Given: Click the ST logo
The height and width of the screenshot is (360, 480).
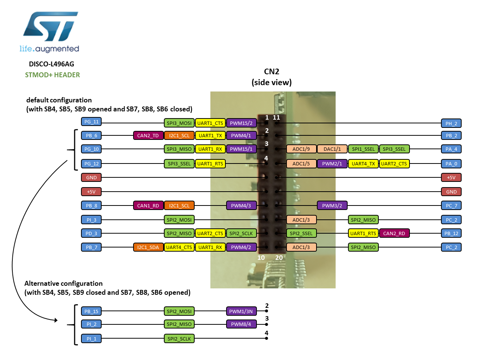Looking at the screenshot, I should [51, 27].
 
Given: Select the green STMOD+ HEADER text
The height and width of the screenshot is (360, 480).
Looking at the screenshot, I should [52, 75].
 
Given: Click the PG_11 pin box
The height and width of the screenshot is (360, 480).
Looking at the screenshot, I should [91, 121].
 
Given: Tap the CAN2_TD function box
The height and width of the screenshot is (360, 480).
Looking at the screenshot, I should [148, 135].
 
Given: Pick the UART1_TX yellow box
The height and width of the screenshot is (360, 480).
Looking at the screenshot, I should [210, 135].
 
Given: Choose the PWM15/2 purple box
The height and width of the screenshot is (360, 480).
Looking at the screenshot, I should [241, 123].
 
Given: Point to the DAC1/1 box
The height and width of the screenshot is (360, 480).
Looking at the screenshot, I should [332, 149].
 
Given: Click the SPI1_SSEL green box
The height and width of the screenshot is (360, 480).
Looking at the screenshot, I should [363, 149].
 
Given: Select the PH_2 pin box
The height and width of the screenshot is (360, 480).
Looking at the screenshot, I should [451, 123].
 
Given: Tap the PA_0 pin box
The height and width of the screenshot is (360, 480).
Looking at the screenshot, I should [451, 163].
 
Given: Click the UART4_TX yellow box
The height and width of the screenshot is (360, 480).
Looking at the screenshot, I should [363, 163].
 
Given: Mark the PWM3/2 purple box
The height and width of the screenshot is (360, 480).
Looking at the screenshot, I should [332, 205].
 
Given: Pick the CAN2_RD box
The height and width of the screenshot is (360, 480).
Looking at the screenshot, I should [394, 233].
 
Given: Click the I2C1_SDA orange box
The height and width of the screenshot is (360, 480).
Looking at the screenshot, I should [148, 247].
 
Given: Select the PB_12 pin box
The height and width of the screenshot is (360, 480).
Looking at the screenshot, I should [451, 233].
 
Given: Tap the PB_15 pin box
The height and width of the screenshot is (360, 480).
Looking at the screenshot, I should [91, 311].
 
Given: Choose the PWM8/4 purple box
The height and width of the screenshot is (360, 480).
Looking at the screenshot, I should [241, 324].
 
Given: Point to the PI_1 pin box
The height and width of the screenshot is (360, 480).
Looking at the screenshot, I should [91, 339].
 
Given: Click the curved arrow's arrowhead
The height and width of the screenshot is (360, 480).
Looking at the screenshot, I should [56, 320].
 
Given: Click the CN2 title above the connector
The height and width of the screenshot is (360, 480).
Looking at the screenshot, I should [271, 72].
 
